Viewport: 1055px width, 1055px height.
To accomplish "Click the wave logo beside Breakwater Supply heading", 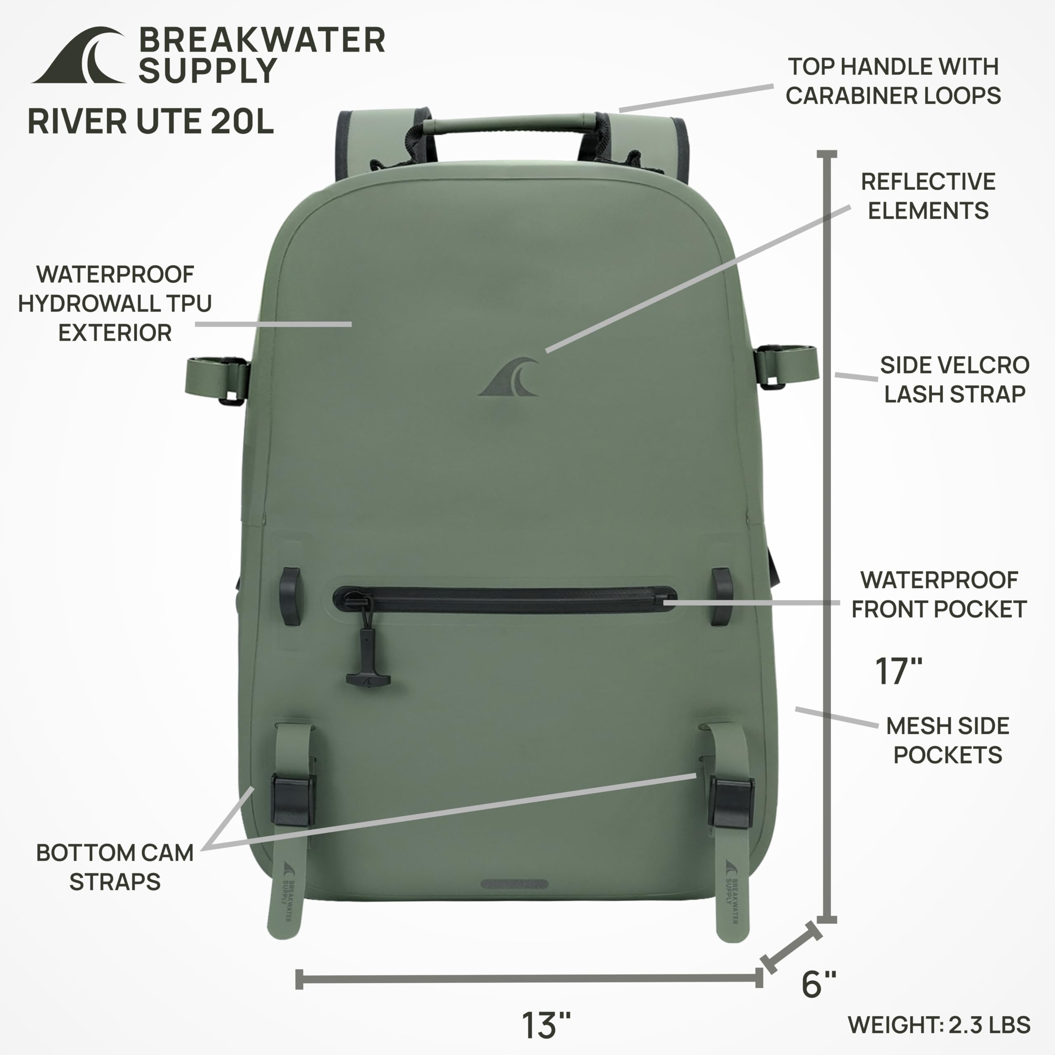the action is [x=79, y=56].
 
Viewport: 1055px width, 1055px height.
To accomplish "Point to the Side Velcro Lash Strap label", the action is [x=954, y=380].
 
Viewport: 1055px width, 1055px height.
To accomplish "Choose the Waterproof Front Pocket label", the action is [x=939, y=595].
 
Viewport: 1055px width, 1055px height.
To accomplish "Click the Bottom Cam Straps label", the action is [x=115, y=867].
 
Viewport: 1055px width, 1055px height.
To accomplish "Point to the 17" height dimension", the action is [x=898, y=671].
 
